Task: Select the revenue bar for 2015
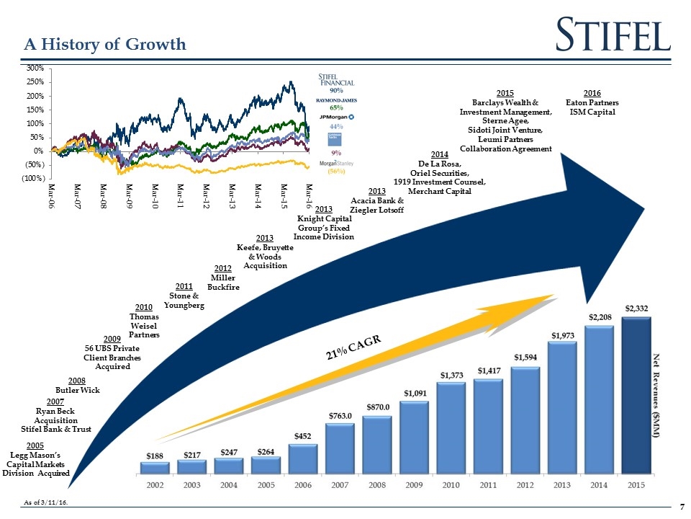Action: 636,396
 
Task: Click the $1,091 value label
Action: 413,393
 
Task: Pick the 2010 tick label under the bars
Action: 451,484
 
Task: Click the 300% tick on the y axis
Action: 35,68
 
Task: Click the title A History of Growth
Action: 105,45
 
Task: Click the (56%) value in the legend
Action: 336,172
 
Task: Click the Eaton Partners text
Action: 592,102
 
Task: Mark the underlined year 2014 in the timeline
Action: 439,155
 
